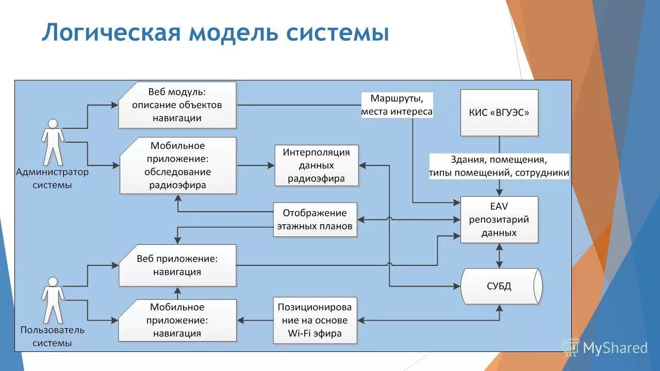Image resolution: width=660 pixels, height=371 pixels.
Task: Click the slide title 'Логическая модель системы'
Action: tap(215, 32)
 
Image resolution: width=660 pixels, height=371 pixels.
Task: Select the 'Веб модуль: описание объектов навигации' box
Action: tap(177, 105)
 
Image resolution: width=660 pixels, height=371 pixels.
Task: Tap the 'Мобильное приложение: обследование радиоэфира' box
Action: tap(178, 165)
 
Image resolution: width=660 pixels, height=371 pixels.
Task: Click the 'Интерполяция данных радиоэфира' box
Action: tap(316, 165)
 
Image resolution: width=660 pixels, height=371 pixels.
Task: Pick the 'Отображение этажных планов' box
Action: tap(315, 220)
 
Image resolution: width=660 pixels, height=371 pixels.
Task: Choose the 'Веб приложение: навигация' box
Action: tap(177, 265)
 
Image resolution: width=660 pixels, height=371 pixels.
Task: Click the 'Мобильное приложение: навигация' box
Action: tap(177, 320)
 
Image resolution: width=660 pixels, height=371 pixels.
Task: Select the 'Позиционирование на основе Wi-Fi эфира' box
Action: tap(315, 320)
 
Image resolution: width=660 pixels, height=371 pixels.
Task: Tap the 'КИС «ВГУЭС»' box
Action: tap(499, 113)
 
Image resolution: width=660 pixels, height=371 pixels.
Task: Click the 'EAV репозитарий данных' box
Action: tap(499, 220)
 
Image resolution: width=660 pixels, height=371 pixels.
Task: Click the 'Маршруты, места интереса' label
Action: tap(397, 105)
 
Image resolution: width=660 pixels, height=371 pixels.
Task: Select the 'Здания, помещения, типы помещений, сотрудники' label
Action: tap(499, 166)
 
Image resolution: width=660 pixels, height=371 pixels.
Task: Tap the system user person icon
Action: tap(53, 300)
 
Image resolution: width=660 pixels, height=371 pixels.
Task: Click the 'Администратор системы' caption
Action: tap(53, 178)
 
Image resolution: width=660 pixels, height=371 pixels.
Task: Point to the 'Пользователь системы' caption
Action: tap(53, 336)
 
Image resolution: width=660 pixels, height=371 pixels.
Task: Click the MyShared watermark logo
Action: tap(605, 348)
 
